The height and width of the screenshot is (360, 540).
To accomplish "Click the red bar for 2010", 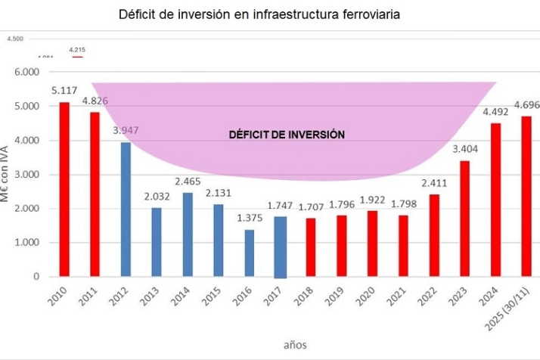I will point(64,189).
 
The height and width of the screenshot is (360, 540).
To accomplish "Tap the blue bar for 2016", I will point(249,253).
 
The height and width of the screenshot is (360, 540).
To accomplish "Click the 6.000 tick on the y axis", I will point(25,72).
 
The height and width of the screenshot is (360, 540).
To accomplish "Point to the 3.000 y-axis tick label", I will point(25,175).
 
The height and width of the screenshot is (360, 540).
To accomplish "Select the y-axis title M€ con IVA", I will point(7,175).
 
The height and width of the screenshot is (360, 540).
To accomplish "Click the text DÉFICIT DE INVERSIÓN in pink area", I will point(287,135).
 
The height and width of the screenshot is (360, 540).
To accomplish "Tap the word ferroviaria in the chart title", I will point(367,15).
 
